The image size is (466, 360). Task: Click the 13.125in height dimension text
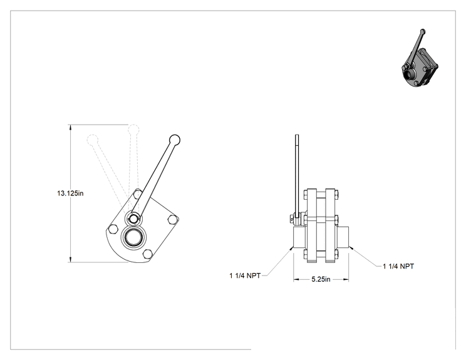click(70, 193)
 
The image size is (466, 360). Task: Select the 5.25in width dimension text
click(321, 279)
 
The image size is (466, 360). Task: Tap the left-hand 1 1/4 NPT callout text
click(245, 275)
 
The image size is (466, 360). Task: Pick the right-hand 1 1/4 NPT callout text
click(398, 266)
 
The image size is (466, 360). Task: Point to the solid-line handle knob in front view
click(175, 140)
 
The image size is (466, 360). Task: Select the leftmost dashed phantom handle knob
click(93, 140)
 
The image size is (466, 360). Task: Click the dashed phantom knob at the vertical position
click(133, 130)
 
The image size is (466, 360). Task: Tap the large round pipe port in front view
click(134, 237)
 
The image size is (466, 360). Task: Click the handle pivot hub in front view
click(133, 219)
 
